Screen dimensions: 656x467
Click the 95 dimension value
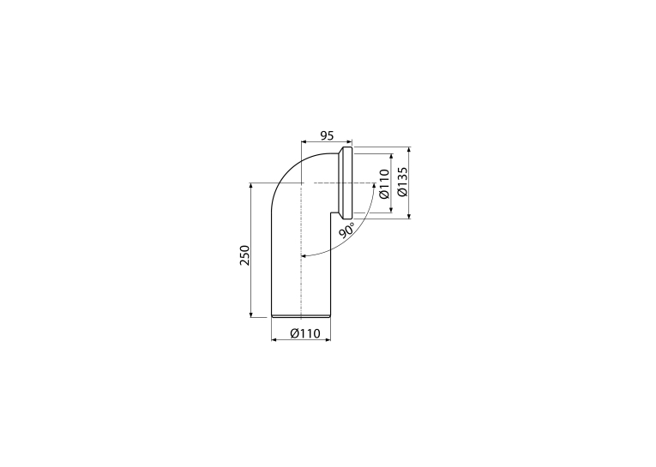[x=327, y=135]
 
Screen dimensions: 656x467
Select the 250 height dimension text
[x=244, y=255]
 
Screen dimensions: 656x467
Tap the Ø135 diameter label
[x=402, y=182]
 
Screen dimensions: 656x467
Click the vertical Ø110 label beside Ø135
[x=384, y=183]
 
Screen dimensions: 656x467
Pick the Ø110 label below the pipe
[x=305, y=333]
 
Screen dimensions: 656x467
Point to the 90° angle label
[x=346, y=230]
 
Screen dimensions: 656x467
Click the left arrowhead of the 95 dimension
[x=304, y=141]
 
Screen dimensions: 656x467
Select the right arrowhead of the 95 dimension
[x=350, y=141]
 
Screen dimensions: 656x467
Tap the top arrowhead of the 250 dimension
[x=250, y=186]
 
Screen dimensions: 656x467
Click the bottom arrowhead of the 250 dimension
[x=250, y=314]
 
